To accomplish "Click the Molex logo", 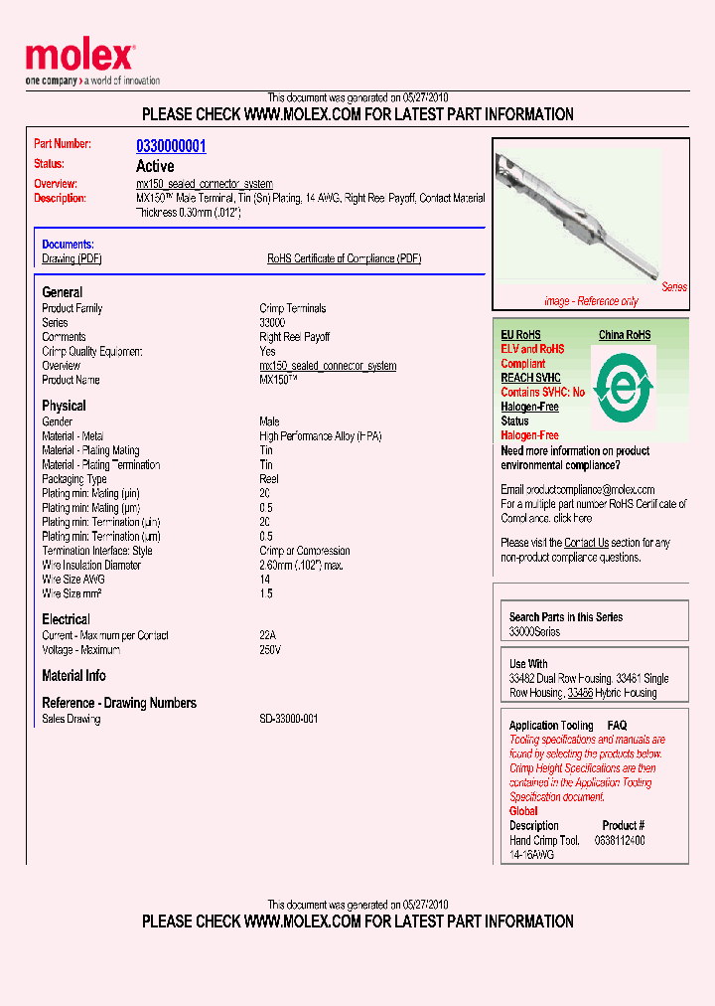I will point(79,58).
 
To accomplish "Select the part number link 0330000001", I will point(171,146).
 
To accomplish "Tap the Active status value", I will point(155,166).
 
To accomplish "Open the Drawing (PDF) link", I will point(71,258).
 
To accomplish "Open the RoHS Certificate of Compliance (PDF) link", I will point(344,258).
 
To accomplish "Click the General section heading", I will point(62,292).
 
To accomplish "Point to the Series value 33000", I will point(272,323).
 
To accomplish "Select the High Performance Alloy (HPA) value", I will point(320,436).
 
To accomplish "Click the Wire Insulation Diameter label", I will point(91,565).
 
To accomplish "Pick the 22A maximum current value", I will point(267,635).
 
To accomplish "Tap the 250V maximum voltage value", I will point(270,650).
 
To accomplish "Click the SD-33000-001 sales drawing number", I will point(288,719).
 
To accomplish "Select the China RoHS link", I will point(625,335).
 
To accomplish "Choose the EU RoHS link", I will point(520,335).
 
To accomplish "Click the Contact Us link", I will point(586,543).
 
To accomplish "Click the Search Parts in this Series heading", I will point(566,617).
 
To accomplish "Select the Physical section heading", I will point(64,406).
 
